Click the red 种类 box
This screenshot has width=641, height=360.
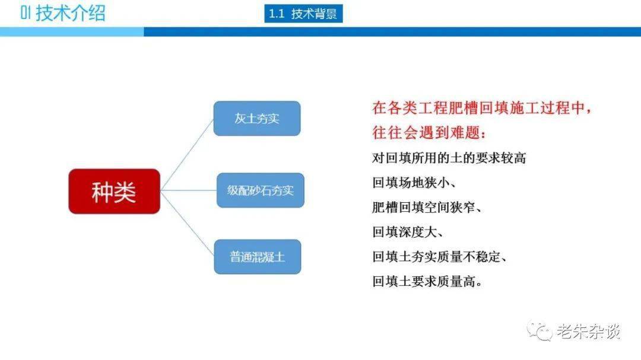(114, 191)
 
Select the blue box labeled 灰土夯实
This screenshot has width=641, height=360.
(257, 119)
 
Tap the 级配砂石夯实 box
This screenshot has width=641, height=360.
(261, 190)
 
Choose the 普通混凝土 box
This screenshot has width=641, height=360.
(258, 257)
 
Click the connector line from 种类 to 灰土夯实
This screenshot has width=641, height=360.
(187, 155)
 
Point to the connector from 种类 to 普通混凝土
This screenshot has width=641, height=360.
(187, 224)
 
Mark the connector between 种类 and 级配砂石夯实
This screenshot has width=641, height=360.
(189, 190)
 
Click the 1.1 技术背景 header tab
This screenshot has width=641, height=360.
(303, 14)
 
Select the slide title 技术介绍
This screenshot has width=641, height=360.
(70, 13)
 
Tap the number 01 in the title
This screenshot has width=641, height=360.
(26, 13)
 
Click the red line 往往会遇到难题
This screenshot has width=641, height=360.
(429, 133)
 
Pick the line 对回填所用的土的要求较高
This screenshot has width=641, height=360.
(449, 158)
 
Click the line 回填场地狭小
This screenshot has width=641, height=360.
(414, 183)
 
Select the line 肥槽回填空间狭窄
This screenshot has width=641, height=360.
(427, 207)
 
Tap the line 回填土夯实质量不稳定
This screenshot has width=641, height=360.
(439, 257)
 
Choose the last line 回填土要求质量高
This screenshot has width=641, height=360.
(427, 282)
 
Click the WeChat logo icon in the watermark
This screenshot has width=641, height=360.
(540, 330)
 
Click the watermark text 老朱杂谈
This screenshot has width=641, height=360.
(588, 331)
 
